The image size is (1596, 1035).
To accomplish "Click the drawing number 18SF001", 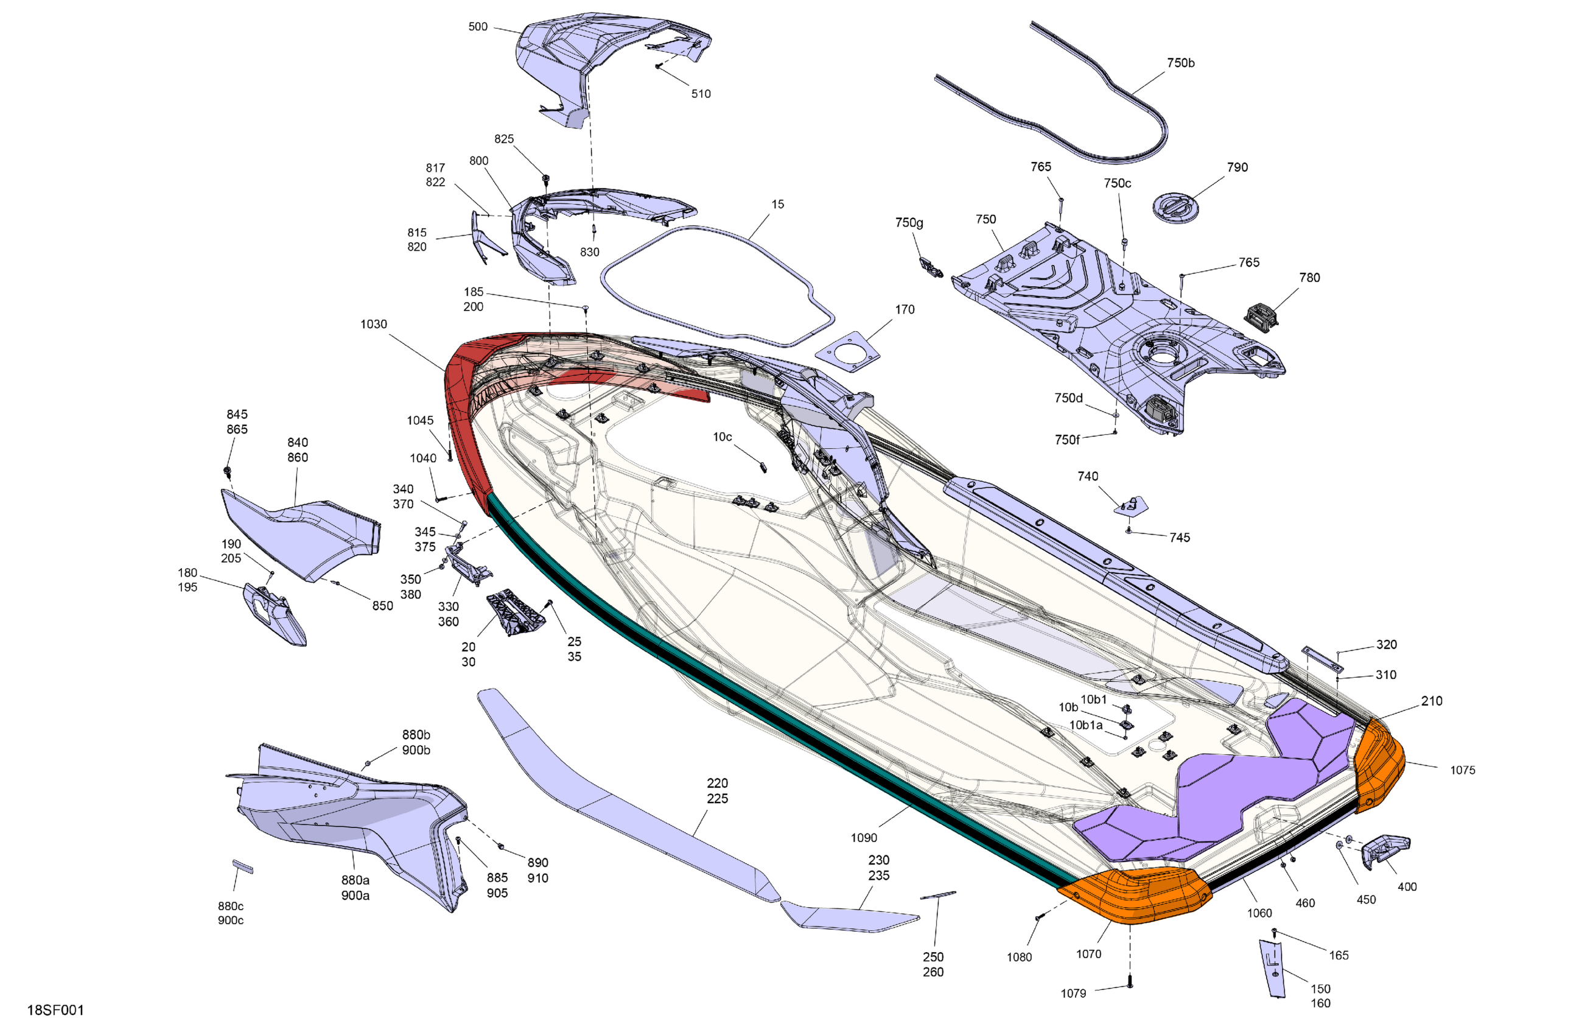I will point(55,1010).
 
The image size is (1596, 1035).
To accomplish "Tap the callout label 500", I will point(477,27).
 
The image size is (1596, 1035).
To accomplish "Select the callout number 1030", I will point(374,325).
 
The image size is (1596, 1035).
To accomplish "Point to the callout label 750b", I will point(1180,63).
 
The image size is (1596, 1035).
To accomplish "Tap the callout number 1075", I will point(1463,770).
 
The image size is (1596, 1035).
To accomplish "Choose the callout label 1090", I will point(864,838).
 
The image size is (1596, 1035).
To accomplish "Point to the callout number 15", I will point(777,204).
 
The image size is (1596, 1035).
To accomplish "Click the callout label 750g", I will point(909,223).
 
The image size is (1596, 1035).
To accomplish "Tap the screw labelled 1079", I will point(1130,982).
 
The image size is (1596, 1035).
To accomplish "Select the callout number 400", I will point(1407,887).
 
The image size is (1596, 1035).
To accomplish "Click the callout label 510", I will point(701,94).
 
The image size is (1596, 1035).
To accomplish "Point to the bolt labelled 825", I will point(546,180).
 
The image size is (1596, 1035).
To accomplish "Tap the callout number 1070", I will point(1088,954).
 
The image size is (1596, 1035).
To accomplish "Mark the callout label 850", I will point(383,606).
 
